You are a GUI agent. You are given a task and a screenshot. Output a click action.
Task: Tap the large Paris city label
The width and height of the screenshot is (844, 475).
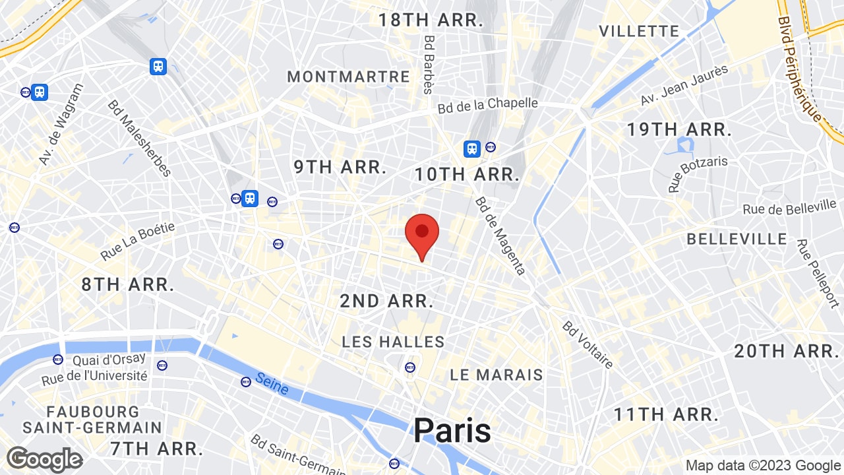coord(452,431)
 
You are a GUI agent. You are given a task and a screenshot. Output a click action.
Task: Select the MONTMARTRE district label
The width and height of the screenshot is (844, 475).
coord(349,77)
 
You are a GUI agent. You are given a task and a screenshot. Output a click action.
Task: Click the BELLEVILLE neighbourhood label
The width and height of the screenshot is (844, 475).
coord(737,239)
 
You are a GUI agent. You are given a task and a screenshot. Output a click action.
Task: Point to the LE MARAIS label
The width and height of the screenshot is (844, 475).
coord(497,375)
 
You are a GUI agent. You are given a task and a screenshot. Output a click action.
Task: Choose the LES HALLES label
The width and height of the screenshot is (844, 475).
coord(393,342)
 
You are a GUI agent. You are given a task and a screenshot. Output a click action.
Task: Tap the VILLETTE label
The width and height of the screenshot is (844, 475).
coord(639,31)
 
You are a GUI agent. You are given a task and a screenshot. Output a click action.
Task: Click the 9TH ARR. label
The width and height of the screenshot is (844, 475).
coord(340,168)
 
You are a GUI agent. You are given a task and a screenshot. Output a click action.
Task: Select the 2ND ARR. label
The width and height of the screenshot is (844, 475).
coord(386,301)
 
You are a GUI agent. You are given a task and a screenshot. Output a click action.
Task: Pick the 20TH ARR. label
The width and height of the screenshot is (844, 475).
coord(786,352)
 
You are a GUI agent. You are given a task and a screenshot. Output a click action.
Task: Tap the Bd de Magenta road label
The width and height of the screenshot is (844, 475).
coord(500,236)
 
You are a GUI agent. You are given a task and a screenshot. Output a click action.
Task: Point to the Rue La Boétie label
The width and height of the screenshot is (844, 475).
coord(138,241)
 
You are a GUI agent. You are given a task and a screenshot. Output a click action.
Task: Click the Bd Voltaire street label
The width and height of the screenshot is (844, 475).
coord(588,344)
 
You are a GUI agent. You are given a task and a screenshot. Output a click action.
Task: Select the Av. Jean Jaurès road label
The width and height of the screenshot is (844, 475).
coord(684,85)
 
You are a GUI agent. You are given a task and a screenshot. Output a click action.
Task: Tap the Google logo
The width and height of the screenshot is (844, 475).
coord(44,459)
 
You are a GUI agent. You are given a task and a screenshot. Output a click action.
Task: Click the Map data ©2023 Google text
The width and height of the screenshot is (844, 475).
coord(762,465)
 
